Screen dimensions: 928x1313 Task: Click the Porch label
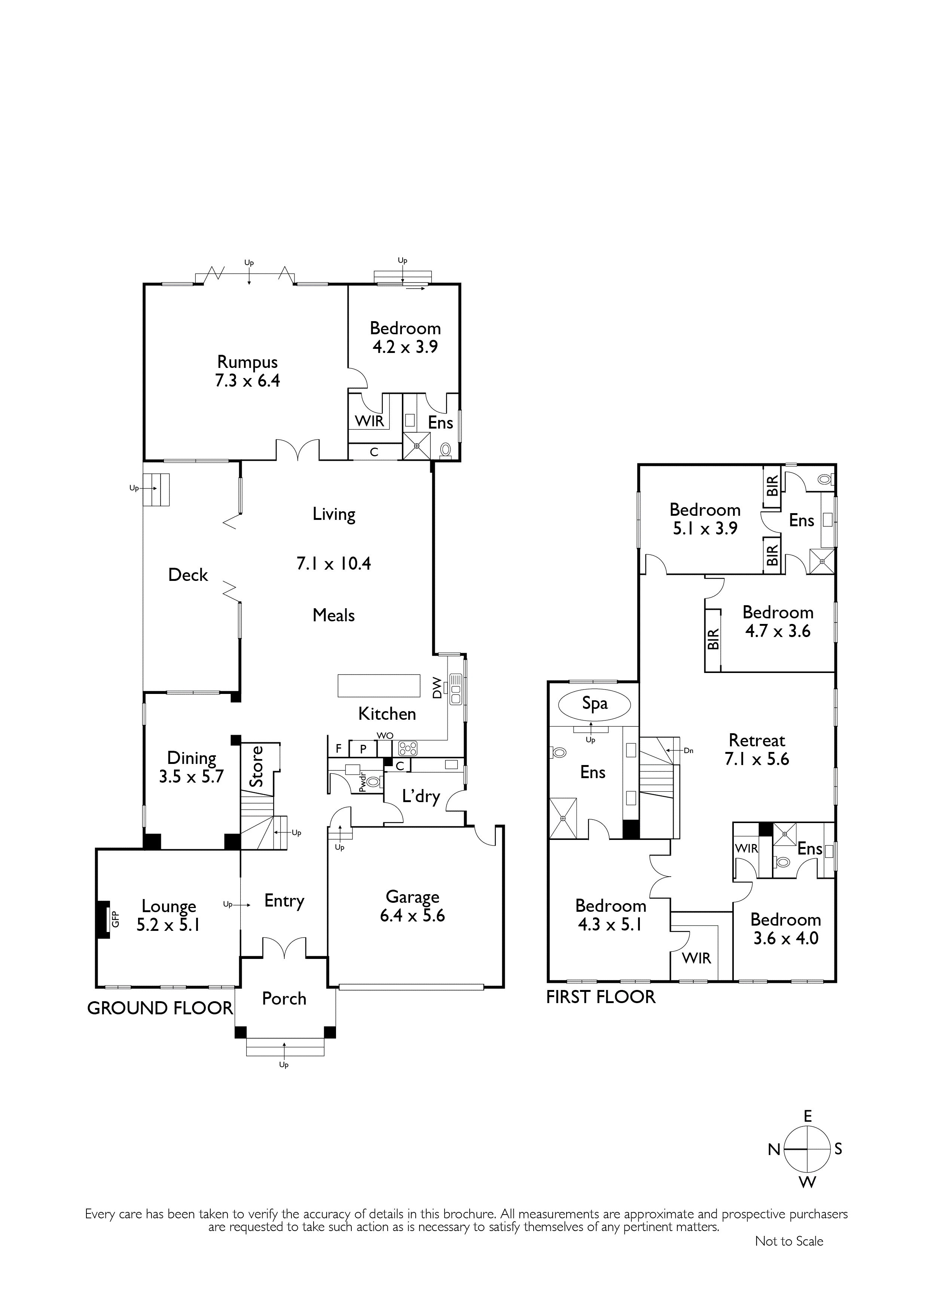point(284,999)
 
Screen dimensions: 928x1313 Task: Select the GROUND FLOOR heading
point(160,1008)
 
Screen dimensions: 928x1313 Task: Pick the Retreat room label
point(757,741)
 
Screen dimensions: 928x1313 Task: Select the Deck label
point(188,575)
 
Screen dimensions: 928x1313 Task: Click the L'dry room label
point(421,796)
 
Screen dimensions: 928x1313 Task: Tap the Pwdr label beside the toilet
point(361,782)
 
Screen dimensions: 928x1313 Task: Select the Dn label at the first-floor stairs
point(689,751)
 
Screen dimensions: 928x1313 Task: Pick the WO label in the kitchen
point(385,736)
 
